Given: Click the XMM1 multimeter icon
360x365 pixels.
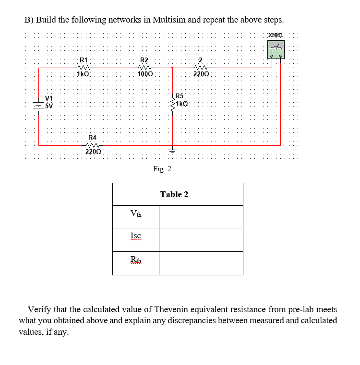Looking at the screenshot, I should click(x=276, y=49).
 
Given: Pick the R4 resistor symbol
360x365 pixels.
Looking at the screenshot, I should click(x=92, y=145).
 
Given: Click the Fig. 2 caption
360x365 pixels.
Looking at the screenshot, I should click(x=162, y=169).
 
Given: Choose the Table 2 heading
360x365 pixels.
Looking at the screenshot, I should click(x=174, y=194).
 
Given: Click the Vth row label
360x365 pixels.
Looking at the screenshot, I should click(x=136, y=214).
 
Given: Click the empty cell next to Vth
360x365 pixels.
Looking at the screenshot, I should click(x=201, y=217).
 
